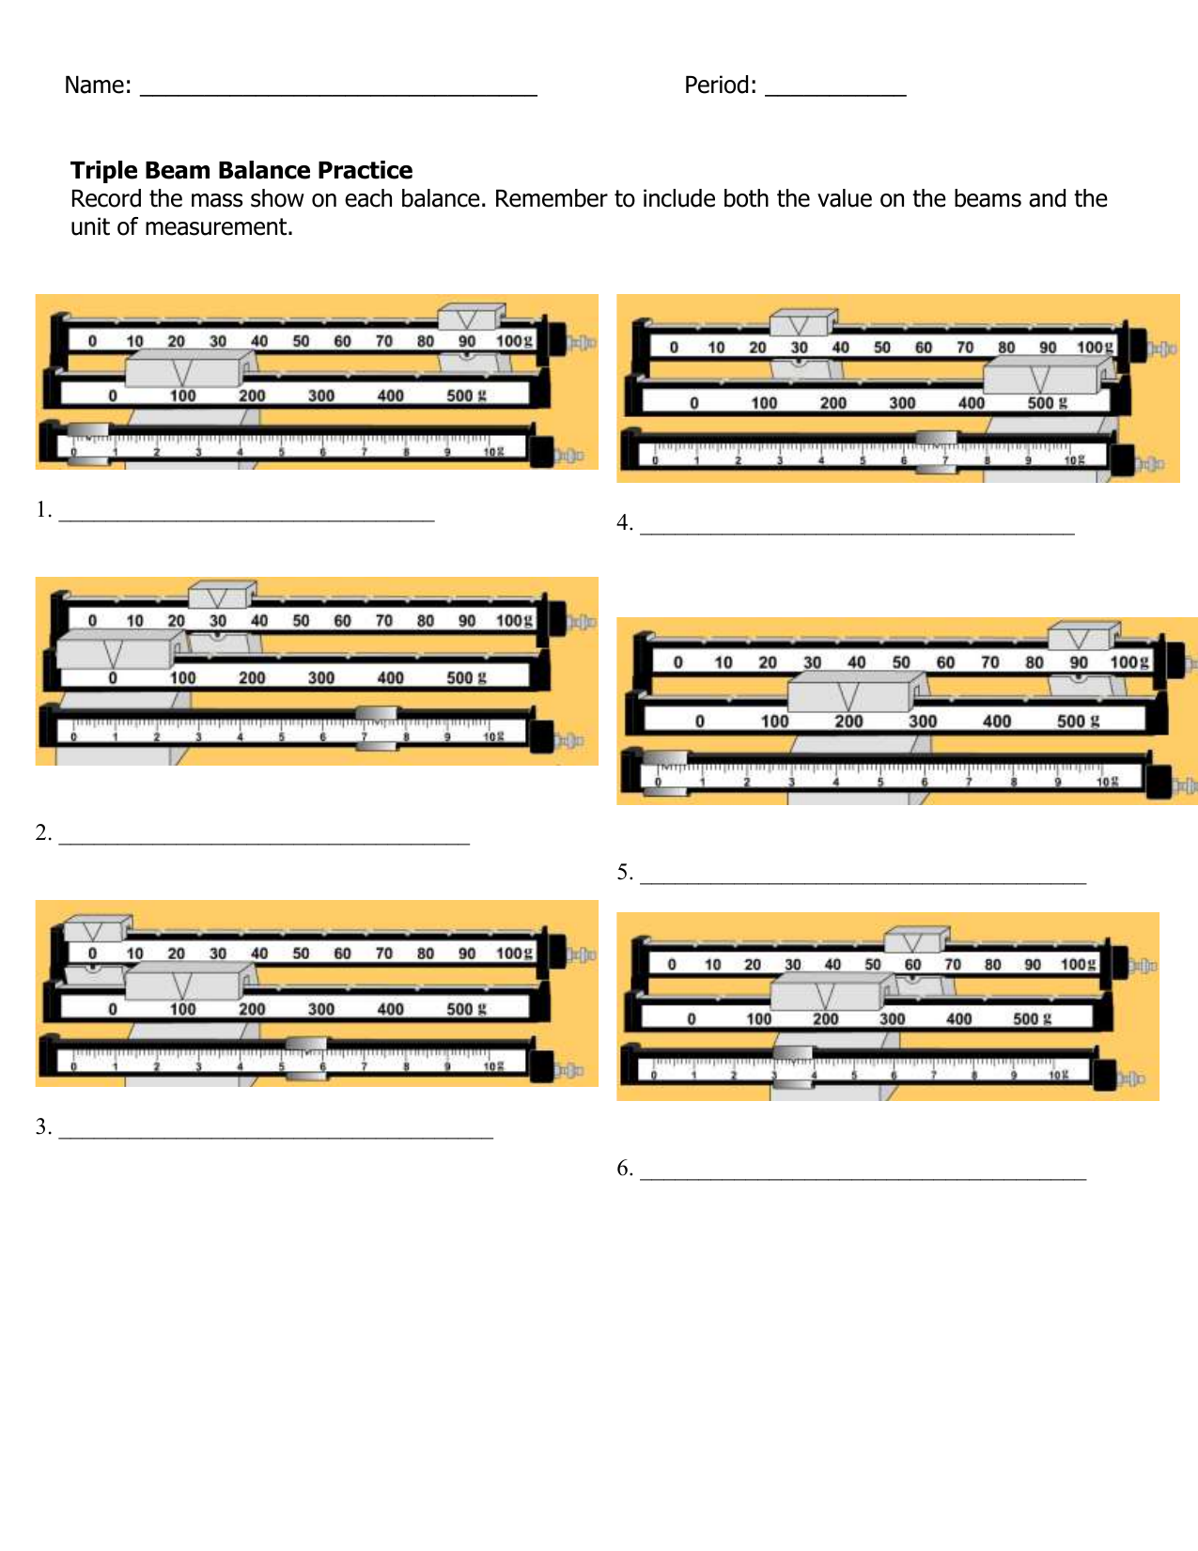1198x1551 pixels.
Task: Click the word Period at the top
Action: [x=719, y=85]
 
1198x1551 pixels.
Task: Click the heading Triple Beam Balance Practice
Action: [x=241, y=170]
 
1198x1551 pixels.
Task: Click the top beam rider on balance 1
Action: [x=471, y=318]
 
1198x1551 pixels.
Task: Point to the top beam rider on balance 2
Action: [x=221, y=596]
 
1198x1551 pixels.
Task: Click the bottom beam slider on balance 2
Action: [x=377, y=728]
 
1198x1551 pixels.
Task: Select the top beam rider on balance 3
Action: [x=96, y=929]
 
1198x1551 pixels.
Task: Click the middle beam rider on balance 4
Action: [x=1040, y=378]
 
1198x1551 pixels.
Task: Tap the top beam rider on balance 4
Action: [x=801, y=322]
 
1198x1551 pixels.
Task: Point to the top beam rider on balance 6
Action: [x=915, y=939]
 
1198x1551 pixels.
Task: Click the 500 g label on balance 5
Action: [x=1077, y=721]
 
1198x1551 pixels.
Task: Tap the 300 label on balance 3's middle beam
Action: [x=321, y=1009]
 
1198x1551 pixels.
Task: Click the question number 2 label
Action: [x=43, y=833]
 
